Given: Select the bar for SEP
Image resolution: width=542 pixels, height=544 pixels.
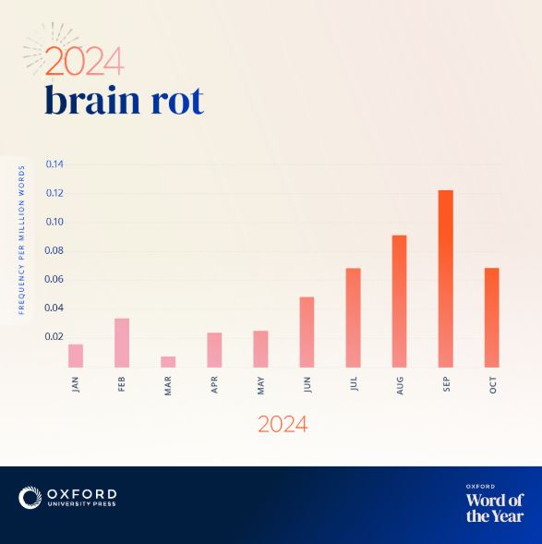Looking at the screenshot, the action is (446, 279).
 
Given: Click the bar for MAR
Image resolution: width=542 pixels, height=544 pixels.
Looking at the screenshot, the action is (168, 362).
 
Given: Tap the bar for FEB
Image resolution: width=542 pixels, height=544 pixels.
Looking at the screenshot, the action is (122, 343).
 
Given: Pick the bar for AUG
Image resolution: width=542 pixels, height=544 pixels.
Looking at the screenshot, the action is (400, 301).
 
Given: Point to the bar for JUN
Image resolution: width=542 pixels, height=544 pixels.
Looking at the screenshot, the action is (307, 332).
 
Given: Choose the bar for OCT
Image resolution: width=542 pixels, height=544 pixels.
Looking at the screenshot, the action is (492, 318).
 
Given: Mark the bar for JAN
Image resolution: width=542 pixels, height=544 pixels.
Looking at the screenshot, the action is (76, 356).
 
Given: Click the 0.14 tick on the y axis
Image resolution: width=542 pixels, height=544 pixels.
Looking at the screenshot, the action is (54, 164).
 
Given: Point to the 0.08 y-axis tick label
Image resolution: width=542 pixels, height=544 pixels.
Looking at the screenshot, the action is (54, 250).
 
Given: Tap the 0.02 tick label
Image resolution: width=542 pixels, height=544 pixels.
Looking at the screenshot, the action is (54, 337).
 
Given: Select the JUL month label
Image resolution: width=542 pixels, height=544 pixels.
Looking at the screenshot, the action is (354, 384).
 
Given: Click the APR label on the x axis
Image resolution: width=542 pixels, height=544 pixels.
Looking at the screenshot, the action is (214, 385).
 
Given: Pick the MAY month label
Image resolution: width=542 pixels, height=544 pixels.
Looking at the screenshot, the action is (260, 385).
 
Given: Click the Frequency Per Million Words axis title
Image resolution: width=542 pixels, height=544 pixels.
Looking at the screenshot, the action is (22, 240).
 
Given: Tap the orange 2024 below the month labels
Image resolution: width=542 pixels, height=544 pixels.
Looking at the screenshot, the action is (283, 424).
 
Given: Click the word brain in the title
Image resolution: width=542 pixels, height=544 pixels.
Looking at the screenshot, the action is (92, 100).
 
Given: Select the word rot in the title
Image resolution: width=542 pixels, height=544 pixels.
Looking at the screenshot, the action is (177, 102).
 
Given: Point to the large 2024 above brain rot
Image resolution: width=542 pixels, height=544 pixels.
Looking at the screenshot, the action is (84, 61).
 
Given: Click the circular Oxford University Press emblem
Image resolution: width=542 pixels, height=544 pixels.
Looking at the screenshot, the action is (30, 498).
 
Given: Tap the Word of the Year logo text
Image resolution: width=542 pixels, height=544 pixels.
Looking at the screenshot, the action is (495, 507).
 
